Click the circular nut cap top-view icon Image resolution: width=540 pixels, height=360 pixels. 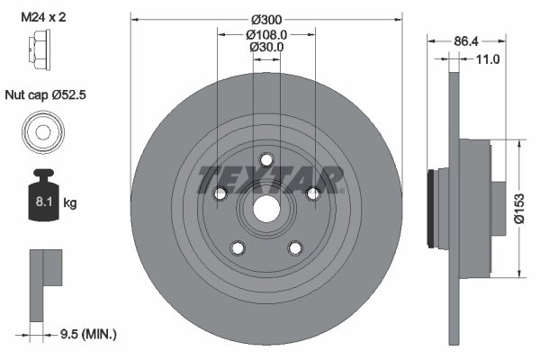pyautogui.click(x=40, y=132)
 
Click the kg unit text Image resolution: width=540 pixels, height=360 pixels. pyautogui.click(x=70, y=203)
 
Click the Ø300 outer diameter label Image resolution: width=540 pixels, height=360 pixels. pyautogui.click(x=265, y=20)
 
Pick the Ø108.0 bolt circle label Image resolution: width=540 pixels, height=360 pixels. pyautogui.click(x=265, y=34)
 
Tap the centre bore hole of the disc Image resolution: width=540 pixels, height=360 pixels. pyautogui.click(x=265, y=207)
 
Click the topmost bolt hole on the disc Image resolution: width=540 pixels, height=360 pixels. pyautogui.click(x=265, y=159)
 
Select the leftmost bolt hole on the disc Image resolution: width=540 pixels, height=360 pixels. pyautogui.click(x=220, y=193)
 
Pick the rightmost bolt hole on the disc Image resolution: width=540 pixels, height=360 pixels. pyautogui.click(x=311, y=193)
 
